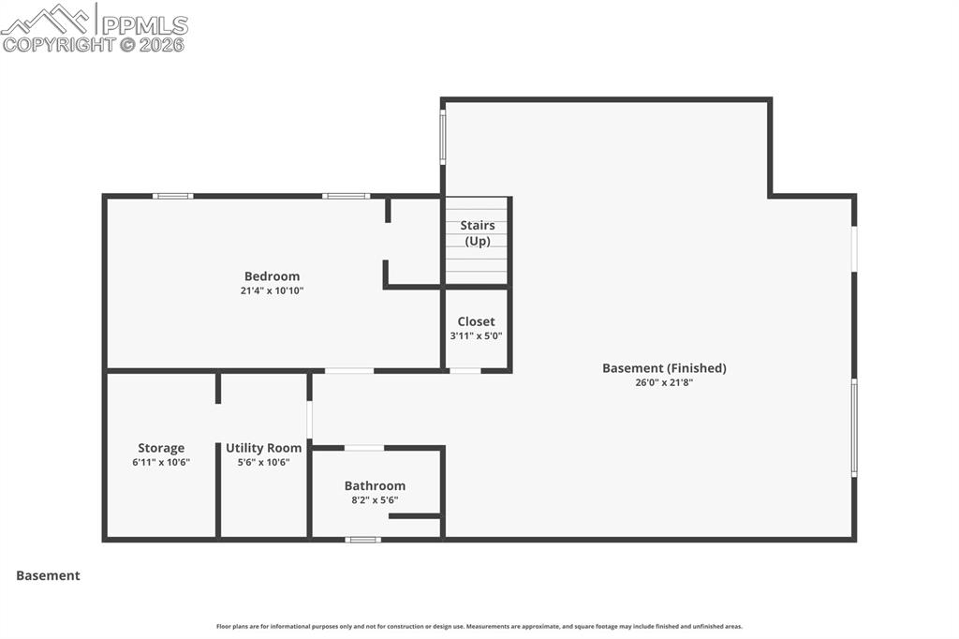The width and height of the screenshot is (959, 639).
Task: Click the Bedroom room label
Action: coord(272,276)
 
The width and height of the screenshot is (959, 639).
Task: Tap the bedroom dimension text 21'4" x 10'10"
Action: coord(272,290)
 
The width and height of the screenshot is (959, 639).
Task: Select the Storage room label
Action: coord(161,448)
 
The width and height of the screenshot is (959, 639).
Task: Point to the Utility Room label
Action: coord(263,448)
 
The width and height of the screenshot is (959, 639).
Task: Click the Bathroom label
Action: coord(375,485)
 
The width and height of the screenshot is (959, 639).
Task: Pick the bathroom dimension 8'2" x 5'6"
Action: coord(375,499)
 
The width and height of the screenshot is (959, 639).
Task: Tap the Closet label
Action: coord(476,321)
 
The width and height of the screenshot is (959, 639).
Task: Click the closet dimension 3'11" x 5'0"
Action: coord(476,335)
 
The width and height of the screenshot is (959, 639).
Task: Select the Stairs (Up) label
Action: coord(477,233)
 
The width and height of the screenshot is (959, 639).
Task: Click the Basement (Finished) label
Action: coord(664,368)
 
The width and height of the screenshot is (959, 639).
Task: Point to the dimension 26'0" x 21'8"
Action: coord(664,382)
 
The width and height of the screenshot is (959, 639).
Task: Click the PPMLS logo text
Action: coord(144,23)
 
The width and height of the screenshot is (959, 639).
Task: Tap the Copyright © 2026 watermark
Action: coord(94,44)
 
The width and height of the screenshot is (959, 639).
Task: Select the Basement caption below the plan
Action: coord(48,575)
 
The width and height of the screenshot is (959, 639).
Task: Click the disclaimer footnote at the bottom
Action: coord(479,627)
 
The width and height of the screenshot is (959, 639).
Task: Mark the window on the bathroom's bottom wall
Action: coord(363,539)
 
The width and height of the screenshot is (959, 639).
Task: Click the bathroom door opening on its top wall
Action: coord(364,448)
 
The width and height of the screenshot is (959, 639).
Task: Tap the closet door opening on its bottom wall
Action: coord(465,370)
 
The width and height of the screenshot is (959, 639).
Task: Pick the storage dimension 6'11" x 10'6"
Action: coord(161,462)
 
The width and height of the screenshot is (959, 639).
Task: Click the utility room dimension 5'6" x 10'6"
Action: coord(263,462)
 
